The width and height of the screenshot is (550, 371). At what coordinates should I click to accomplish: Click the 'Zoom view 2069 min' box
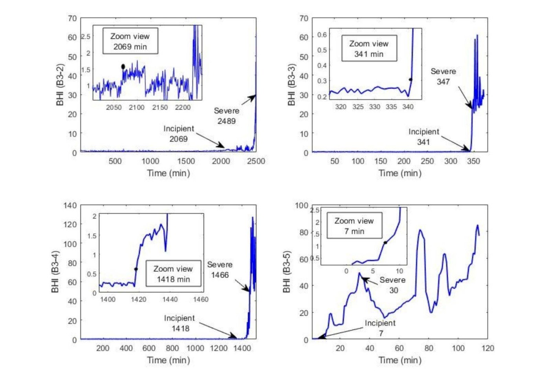tap(130, 41)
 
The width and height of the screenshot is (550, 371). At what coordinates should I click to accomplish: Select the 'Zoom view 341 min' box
tap(369, 48)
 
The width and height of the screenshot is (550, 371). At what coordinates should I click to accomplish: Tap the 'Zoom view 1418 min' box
tap(173, 274)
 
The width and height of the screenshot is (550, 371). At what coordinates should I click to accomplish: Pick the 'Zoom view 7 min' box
tap(354, 226)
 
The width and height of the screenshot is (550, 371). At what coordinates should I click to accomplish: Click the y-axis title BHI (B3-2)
tap(60, 84)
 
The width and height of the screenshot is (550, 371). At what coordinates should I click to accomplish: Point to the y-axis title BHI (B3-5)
tap(287, 272)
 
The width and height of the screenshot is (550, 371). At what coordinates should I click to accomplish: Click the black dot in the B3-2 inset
tap(123, 67)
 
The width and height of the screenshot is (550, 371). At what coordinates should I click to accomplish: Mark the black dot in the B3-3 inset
tap(411, 80)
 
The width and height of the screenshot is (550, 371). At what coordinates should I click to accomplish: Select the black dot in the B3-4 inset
tap(136, 269)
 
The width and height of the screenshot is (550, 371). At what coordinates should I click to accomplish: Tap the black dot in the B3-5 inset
tap(385, 243)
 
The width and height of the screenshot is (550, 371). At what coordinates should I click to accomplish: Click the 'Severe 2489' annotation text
tap(227, 116)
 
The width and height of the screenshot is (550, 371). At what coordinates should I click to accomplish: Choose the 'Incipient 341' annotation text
tap(423, 137)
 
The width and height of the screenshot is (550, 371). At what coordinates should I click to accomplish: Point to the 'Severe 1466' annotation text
tap(220, 270)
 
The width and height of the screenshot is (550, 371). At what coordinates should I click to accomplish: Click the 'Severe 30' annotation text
tap(392, 285)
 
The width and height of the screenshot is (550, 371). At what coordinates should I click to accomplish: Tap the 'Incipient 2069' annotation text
tap(179, 133)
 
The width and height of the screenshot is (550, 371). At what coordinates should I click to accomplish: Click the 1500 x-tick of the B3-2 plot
tap(185, 161)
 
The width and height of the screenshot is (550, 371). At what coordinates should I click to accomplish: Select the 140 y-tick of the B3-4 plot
tap(70, 205)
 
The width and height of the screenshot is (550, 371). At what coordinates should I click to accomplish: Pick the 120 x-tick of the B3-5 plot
tap(488, 348)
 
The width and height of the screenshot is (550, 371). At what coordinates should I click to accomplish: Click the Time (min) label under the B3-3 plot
tap(400, 173)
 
